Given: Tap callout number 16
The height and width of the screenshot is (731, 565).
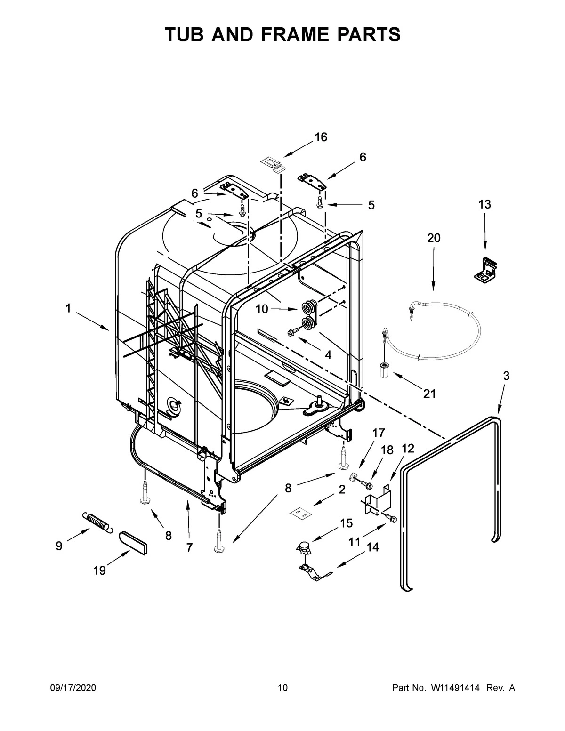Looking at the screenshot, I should pos(321,137).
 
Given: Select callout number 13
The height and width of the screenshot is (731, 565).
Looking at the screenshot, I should pos(484,204).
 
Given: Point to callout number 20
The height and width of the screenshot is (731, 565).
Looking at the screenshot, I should pos(434,238).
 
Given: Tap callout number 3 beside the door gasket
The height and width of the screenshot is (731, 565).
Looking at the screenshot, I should pos(506,376).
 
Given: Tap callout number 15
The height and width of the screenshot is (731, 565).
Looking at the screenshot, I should pos(346,523).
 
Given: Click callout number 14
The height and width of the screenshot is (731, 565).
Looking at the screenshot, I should pos(372,547).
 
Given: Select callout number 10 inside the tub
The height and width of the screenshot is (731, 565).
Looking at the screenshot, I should pos(262,309).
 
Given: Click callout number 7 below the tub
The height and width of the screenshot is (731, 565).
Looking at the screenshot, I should pos(189,547).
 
